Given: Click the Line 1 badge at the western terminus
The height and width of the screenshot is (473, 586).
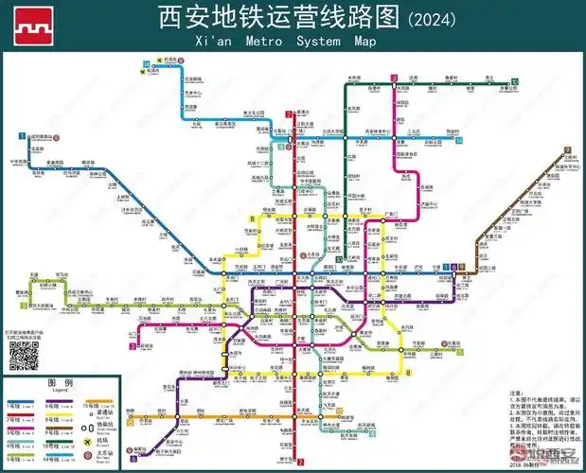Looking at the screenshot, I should tap(21, 137).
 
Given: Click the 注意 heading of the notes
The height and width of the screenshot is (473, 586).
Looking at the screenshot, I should tap(517, 391).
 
